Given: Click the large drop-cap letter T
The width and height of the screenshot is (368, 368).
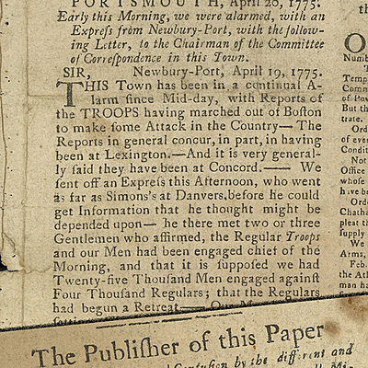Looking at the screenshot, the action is click(67, 97).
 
